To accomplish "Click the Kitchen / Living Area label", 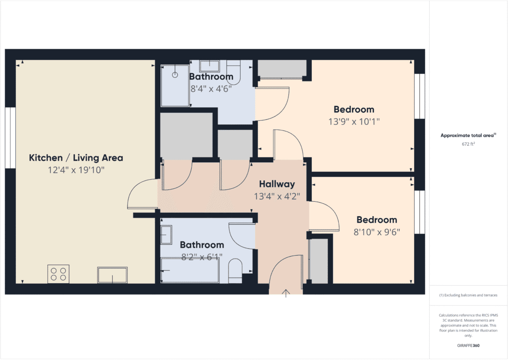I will tap(76, 158).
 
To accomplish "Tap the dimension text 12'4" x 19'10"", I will tap(76, 170).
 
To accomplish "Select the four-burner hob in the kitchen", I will tap(58, 274).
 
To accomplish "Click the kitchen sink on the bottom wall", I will tap(112, 275).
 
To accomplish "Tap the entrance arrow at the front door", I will tap(286, 293).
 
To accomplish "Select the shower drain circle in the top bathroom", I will tap(175, 75).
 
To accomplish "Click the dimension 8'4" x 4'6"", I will tap(211, 88).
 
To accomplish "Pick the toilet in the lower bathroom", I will tap(235, 271).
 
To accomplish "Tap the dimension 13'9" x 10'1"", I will tap(354, 121).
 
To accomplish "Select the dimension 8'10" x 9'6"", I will tap(377, 232).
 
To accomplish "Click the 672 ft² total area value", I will tap(468, 144).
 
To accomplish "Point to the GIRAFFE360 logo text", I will tap(468, 345).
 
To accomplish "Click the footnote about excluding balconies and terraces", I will tap(468, 295).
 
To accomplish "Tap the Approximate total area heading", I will tap(468, 135).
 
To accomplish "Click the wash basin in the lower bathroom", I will tap(166, 235).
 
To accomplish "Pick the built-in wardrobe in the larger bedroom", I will tap(282, 69).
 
